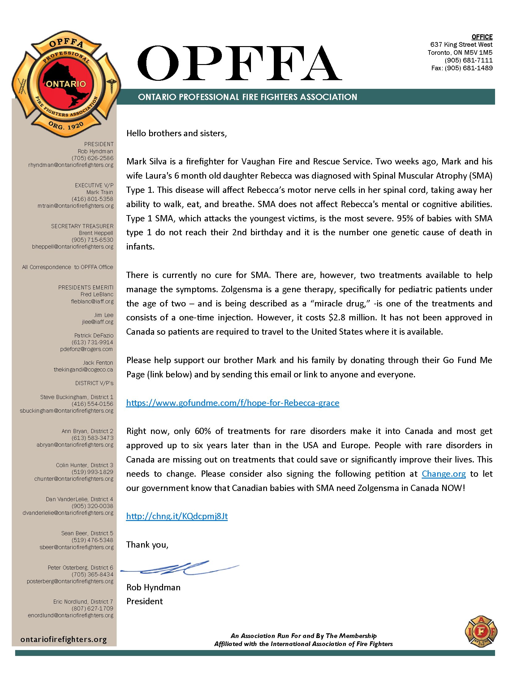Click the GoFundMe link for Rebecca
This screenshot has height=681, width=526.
pos(232,403)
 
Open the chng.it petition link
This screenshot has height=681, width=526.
pos(177,516)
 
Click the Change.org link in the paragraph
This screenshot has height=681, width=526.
pos(443,474)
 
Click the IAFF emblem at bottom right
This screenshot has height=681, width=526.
pos(481,631)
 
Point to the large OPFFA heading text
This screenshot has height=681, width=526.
pos(239,63)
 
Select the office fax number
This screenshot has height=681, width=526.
pos(462,68)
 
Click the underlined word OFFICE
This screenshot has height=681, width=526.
pos(482,37)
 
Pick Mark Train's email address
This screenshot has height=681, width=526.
pos(75,206)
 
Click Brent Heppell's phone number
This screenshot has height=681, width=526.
pos(92,240)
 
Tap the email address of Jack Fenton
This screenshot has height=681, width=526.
pos(83,370)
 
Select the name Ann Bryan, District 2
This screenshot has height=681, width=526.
pos(87,431)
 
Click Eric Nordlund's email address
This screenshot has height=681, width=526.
pos(71,615)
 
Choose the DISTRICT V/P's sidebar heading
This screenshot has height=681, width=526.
pos(94,383)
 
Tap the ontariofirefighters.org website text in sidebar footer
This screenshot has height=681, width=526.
pos(63,639)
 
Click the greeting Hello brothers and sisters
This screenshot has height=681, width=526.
pos(176,133)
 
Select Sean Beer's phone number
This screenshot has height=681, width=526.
pos(92,540)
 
